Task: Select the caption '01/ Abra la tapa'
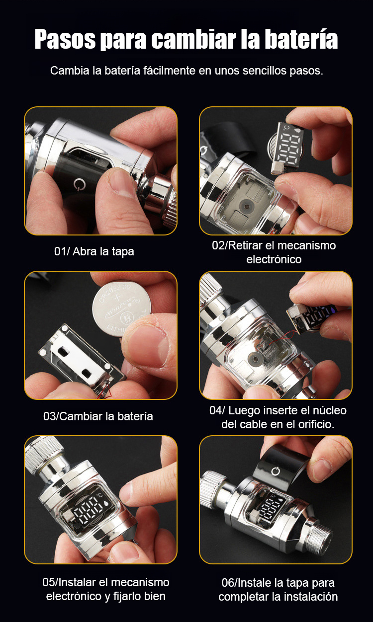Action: pos(94,251)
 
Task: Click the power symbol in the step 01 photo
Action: pos(80,184)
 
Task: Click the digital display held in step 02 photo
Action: pos(287,149)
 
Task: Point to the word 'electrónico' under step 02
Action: pos(274,260)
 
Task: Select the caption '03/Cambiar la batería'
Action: pos(98,416)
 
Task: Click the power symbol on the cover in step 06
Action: pos(276,471)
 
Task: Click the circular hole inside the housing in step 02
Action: pos(246,206)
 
